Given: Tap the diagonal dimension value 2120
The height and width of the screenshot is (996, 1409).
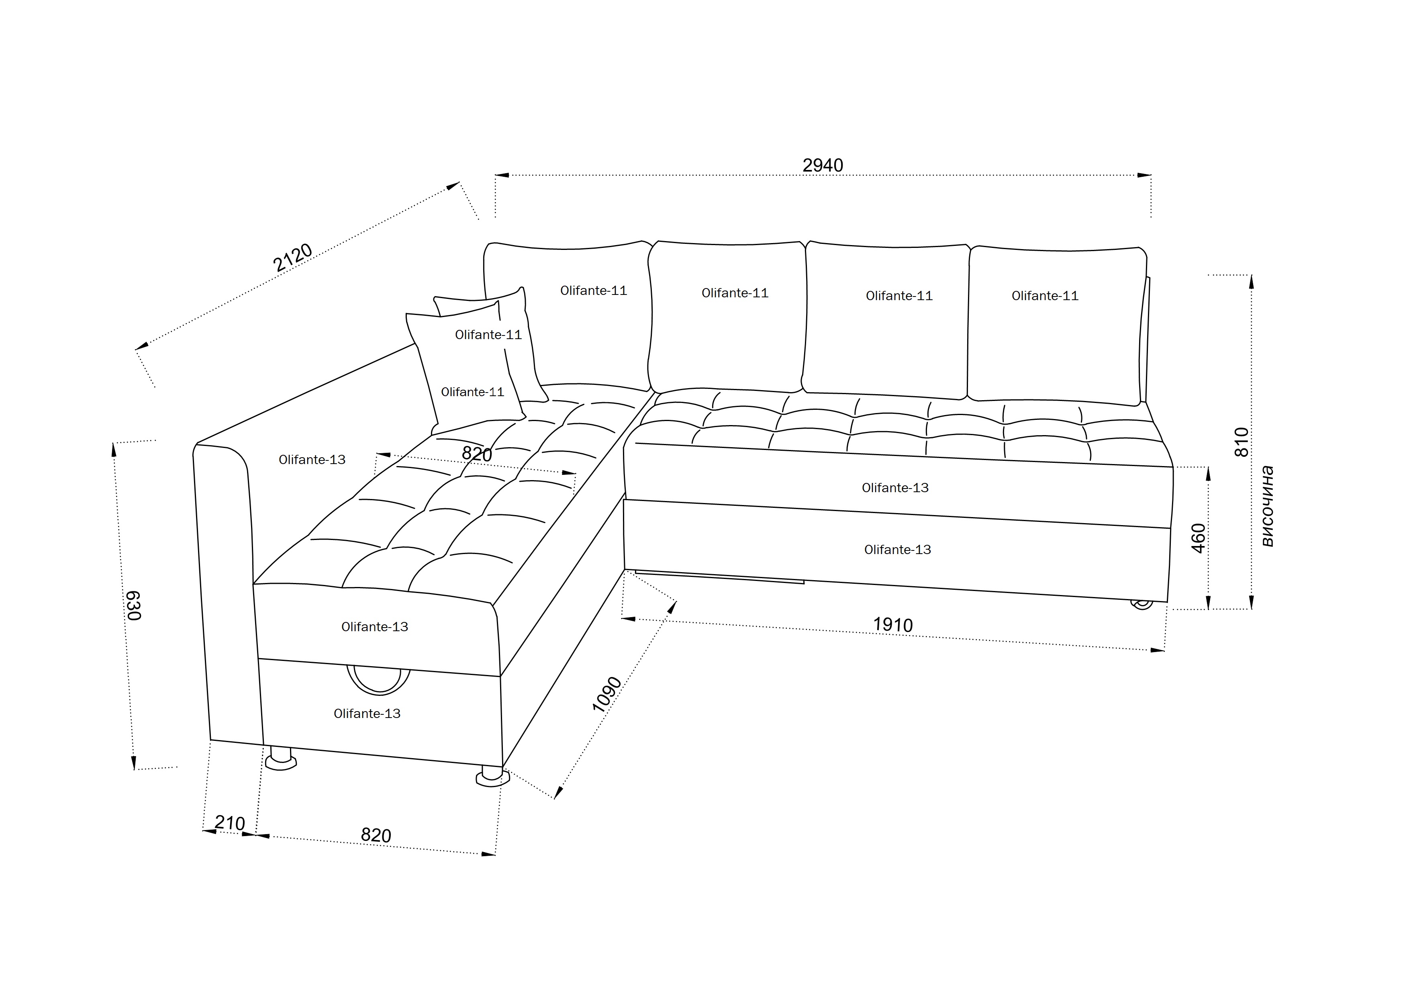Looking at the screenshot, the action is tap(293, 258).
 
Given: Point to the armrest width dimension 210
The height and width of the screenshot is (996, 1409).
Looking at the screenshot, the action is tap(230, 823).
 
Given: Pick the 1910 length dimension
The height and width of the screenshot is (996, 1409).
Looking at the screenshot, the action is tap(893, 625).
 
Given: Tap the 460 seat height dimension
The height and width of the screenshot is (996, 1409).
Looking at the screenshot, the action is tap(1198, 538).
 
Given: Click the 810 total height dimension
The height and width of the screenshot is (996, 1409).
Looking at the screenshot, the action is tap(1241, 442).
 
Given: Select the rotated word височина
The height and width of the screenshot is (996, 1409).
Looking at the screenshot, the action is tap(1267, 506).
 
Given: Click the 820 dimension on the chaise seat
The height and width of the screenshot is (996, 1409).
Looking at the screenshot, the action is tap(477, 454).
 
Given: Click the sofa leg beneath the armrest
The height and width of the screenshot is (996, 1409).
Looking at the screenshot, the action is tap(280, 759).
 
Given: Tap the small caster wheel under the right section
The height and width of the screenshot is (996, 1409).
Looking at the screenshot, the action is tap(1141, 604).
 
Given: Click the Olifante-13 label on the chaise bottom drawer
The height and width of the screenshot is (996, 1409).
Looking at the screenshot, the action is tap(367, 714).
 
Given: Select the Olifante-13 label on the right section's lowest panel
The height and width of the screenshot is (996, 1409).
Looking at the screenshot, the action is tap(897, 550).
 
